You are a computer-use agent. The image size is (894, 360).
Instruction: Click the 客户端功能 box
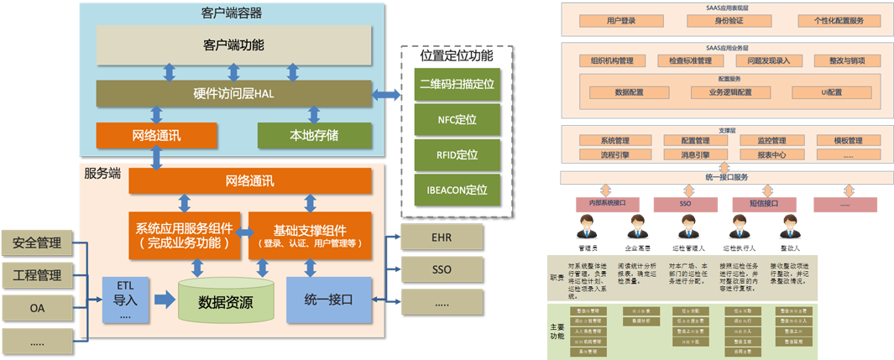[x=233, y=44]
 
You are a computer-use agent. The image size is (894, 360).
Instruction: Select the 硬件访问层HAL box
[x=233, y=93]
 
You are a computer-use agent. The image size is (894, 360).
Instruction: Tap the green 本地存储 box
[x=314, y=134]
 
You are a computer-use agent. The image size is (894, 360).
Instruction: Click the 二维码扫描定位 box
[x=456, y=84]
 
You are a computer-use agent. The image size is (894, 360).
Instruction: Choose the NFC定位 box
[x=456, y=120]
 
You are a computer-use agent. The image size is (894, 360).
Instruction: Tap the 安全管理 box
[x=38, y=244]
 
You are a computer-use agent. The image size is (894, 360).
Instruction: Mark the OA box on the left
[x=38, y=308]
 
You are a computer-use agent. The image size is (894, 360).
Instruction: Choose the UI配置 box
[x=828, y=92]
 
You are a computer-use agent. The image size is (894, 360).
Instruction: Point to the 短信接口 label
[x=763, y=203]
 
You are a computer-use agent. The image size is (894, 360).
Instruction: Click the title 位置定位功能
[x=456, y=56]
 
